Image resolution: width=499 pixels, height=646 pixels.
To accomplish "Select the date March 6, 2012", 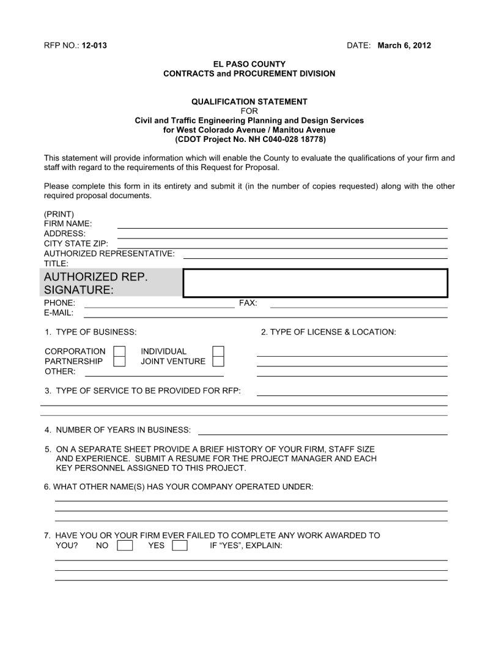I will point(404,46).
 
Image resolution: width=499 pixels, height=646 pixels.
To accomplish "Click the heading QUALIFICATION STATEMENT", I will point(250,102).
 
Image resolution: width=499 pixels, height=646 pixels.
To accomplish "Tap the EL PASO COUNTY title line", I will point(250,64).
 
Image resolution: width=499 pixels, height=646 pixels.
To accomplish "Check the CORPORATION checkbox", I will point(120,351).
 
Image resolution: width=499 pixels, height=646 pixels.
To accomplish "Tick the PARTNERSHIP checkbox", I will point(120,361).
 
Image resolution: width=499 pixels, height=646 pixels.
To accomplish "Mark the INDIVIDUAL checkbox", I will point(218,351).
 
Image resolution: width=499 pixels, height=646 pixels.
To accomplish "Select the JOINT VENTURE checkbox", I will point(218,361).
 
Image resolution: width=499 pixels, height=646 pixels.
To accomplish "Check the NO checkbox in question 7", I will point(125,545).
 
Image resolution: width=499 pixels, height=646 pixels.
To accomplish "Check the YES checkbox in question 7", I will point(180,545).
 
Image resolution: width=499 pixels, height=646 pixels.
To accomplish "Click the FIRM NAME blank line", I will point(282,225).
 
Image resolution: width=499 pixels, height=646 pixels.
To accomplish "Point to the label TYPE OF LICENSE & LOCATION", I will point(328,332).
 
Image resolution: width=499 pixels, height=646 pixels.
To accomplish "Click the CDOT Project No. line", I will point(250,139).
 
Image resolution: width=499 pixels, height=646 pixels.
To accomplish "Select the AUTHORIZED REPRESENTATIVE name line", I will point(315,255).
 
